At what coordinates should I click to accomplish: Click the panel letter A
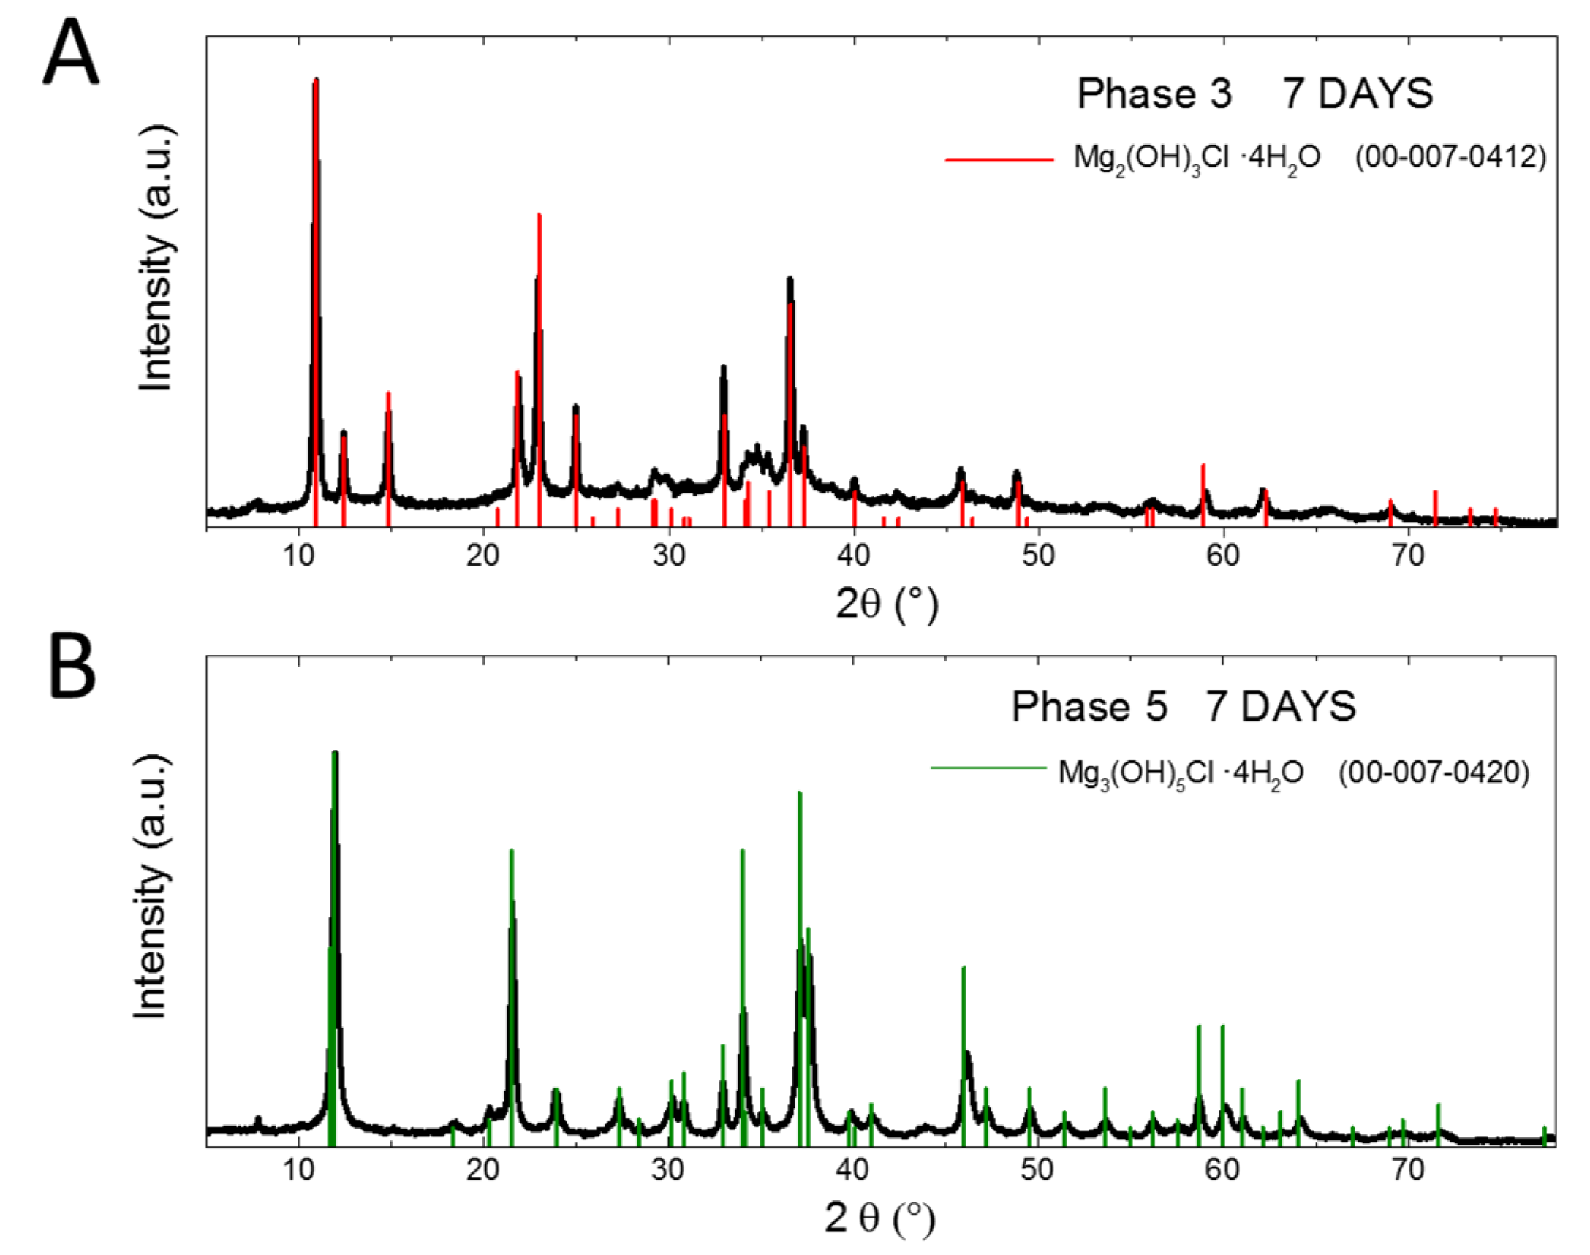[70, 53]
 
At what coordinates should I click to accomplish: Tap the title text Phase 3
[1154, 95]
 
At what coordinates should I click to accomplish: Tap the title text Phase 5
[1089, 707]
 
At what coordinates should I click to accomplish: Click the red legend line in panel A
[999, 159]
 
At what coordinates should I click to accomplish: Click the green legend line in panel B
[988, 769]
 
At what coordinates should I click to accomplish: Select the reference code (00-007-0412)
[1450, 157]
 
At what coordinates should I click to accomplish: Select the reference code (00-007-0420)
[1434, 773]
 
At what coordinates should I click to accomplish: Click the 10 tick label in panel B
[298, 1169]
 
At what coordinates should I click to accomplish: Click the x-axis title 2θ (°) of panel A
[887, 604]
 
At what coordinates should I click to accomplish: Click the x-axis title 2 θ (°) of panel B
[880, 1218]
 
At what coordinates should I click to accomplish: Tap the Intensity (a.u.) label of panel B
[151, 885]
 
